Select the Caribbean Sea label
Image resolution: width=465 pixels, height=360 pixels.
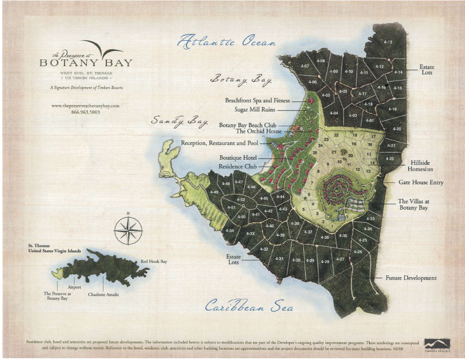249,307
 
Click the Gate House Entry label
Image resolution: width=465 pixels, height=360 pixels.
421,182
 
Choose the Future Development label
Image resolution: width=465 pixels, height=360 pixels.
411,278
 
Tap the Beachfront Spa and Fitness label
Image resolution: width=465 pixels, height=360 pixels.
257,101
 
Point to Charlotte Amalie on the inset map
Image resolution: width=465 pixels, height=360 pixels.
103,295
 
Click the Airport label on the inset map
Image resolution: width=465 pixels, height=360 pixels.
74,287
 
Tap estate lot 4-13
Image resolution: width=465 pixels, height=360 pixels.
388,42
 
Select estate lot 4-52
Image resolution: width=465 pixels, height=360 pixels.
241,199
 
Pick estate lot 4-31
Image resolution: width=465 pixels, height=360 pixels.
280,259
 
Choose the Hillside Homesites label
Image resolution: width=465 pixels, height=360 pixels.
420,166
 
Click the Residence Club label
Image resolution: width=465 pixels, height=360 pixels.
237,166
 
